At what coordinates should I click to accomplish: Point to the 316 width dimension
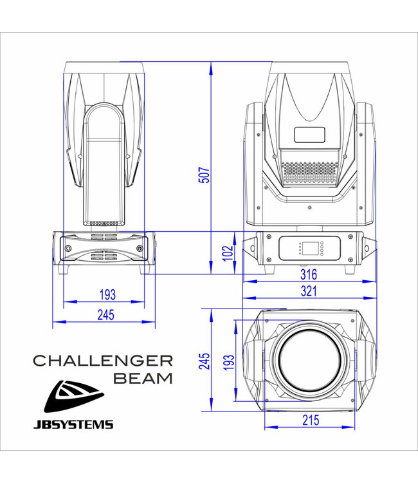click(x=309, y=275)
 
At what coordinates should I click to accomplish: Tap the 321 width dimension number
click(x=309, y=291)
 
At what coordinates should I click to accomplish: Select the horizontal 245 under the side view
click(x=105, y=315)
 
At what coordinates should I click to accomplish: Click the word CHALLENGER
click(x=102, y=360)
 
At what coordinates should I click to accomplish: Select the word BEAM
click(x=143, y=378)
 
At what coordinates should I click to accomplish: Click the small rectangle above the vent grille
click(x=310, y=135)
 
